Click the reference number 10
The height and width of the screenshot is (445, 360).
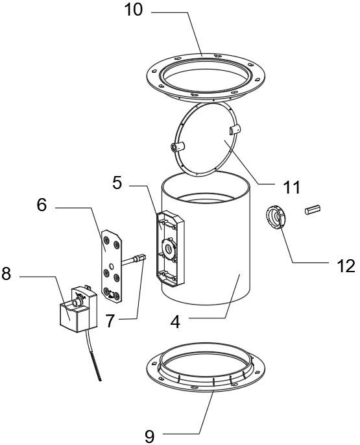pos(133,10)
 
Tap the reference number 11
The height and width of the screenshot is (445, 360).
pos(292,187)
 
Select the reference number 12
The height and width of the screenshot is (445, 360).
pos(346,266)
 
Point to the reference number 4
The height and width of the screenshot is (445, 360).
pos(176,322)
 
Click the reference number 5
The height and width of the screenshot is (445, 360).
pos(117,183)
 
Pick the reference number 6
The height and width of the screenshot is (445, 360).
pos(42,205)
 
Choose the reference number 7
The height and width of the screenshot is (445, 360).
pos(110,321)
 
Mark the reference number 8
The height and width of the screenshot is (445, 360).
pos(6,273)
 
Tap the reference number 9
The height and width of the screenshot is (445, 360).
pos(149,436)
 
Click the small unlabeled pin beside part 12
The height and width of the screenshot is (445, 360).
pos(313,209)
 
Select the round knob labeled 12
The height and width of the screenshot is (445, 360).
pos(276,217)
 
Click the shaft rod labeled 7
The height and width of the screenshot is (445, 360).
pos(134,259)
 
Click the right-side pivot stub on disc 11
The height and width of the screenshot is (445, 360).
pos(235,129)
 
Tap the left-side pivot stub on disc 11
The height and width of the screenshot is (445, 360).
pos(177,147)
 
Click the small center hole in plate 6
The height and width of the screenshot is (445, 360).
pos(112,266)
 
